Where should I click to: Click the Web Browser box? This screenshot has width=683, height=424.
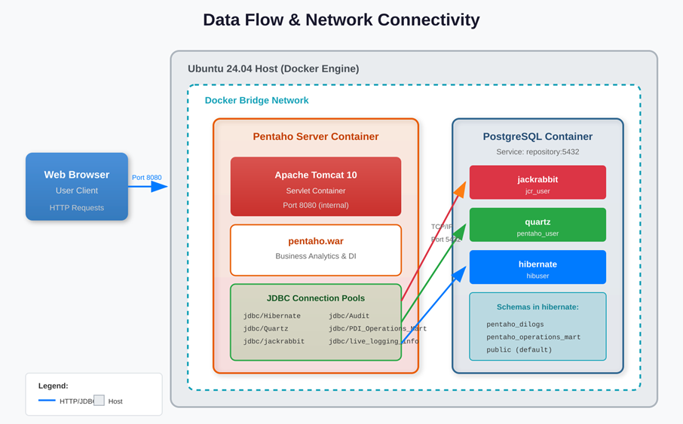(77, 187)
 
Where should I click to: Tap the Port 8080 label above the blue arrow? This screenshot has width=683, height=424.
(146, 178)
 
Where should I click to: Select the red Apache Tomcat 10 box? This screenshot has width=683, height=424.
(315, 187)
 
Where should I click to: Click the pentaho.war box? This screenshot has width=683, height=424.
(315, 250)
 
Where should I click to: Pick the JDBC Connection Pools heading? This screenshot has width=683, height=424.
(315, 298)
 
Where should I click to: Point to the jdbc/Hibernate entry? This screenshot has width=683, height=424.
(271, 316)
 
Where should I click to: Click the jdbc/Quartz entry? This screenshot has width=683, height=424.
(265, 328)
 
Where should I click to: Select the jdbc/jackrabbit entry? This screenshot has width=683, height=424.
(274, 341)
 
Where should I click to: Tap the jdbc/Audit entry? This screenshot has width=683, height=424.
(349, 316)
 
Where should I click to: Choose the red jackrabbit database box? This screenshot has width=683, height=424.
(538, 183)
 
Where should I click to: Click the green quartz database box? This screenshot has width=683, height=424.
(538, 225)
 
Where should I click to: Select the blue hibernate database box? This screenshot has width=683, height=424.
(538, 267)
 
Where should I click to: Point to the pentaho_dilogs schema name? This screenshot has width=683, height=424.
(515, 325)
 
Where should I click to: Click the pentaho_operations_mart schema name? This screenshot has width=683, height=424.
(533, 337)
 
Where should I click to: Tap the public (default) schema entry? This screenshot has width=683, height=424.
(519, 349)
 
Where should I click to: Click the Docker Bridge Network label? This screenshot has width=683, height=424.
(256, 100)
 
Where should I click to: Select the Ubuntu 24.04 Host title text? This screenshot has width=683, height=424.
(273, 69)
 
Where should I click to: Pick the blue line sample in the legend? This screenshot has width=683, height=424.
(47, 401)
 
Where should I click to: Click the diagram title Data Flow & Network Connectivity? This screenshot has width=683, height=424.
(341, 20)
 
